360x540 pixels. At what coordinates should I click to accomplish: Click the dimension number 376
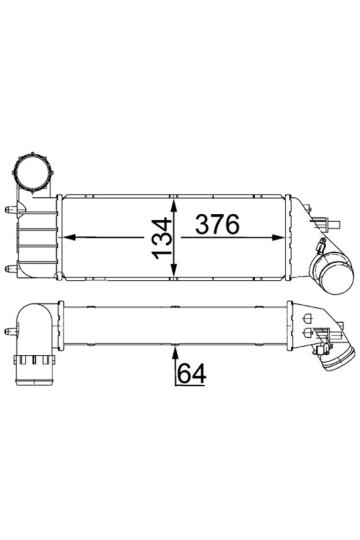pos(217,224)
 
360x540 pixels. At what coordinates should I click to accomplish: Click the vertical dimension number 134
pos(162,238)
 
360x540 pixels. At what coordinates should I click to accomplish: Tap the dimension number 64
pos(192,373)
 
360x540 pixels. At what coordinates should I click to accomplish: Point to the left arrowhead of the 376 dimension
pos(70,237)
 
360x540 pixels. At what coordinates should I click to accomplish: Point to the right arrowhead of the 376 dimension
pos(278,237)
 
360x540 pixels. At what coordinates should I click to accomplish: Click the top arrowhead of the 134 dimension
pos(175,206)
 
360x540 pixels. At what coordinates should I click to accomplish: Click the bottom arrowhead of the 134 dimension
pos(175,269)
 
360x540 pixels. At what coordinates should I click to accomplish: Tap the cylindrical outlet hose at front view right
pos(333,272)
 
